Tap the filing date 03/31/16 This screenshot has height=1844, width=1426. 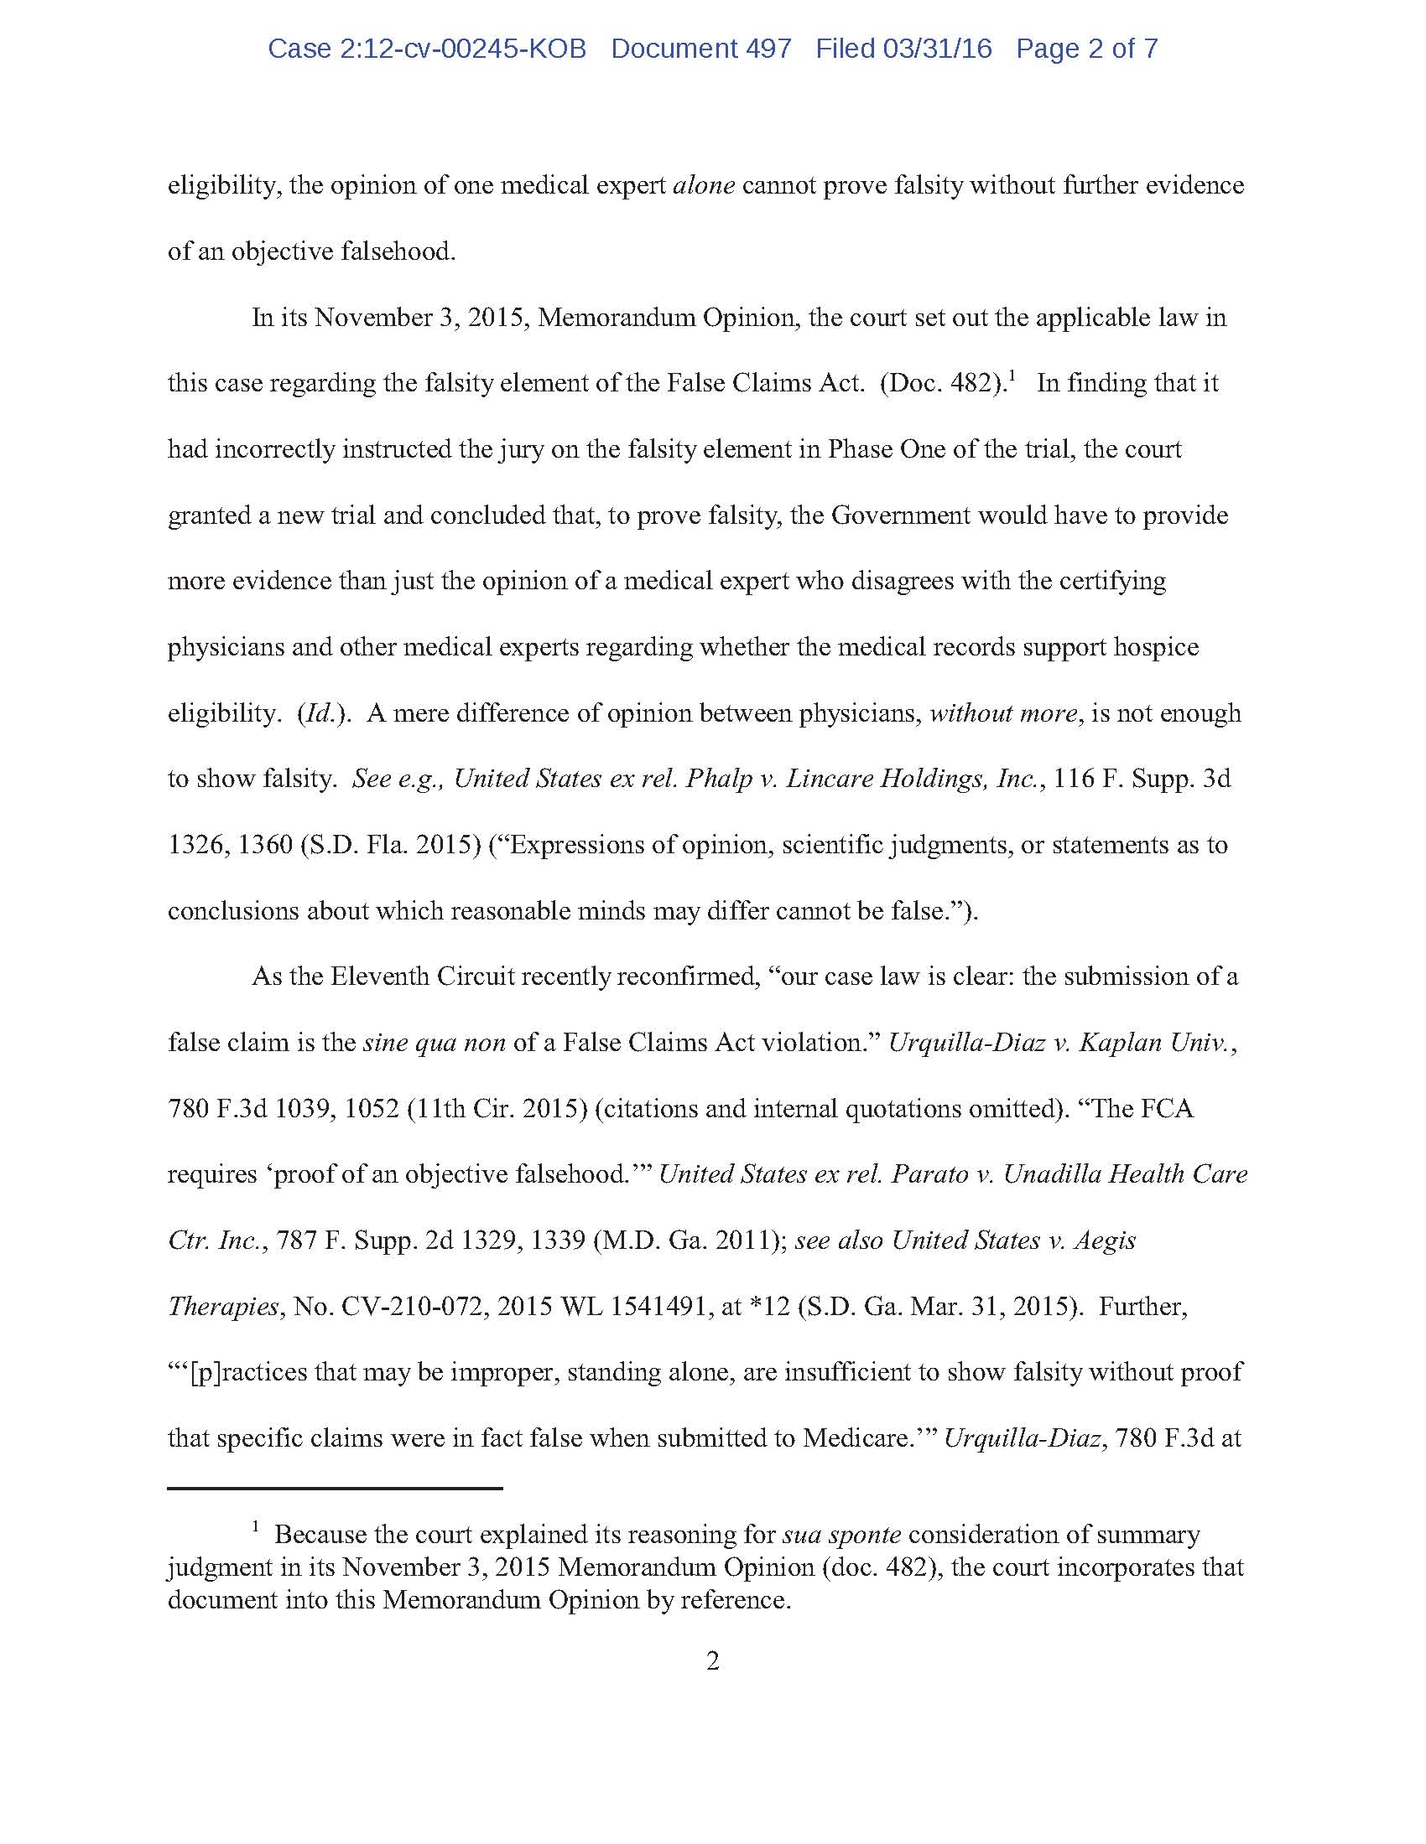(937, 49)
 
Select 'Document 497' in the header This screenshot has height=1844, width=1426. (701, 49)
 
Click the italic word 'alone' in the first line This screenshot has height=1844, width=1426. (704, 185)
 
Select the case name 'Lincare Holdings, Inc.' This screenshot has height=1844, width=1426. (917, 779)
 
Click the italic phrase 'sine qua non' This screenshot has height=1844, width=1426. (435, 1043)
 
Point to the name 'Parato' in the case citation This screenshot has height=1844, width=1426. (929, 1174)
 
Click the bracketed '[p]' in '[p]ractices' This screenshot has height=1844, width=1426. (207, 1373)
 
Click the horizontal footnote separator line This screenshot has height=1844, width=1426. (335, 1488)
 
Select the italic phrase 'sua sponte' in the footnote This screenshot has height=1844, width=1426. (841, 1534)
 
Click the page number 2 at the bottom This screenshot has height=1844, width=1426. (712, 1661)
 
